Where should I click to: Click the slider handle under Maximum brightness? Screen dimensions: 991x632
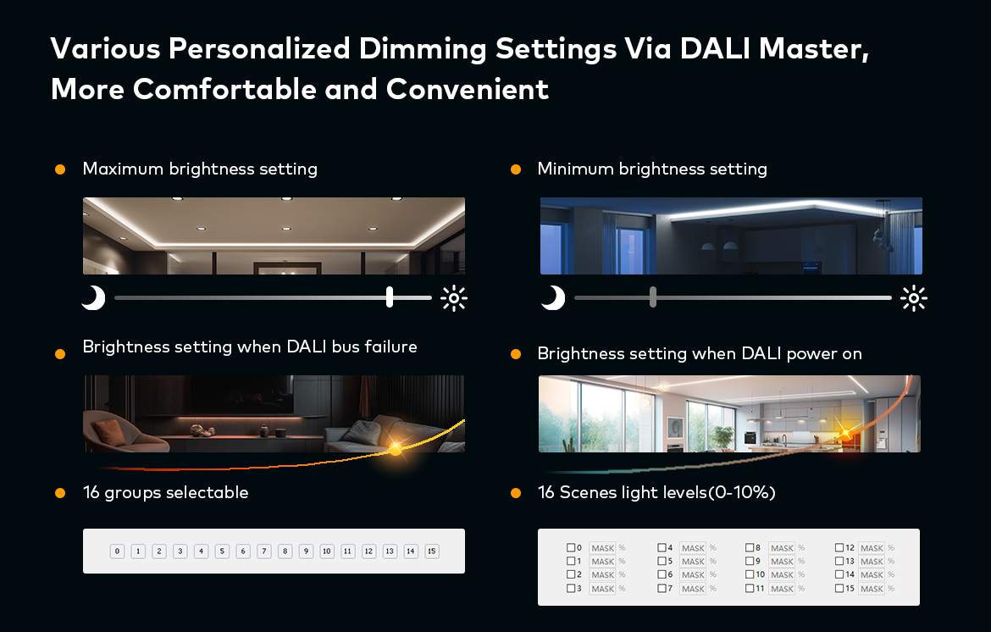[390, 297]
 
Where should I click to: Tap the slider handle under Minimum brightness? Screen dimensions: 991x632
[653, 297]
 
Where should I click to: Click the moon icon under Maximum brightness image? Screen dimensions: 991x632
[93, 297]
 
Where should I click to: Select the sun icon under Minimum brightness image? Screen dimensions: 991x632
[914, 298]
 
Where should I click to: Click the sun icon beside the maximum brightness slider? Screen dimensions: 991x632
[454, 298]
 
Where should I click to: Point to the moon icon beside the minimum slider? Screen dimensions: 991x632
[553, 297]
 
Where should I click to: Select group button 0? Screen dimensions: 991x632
[117, 552]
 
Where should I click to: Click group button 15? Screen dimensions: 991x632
[432, 552]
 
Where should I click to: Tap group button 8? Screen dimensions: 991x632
[285, 552]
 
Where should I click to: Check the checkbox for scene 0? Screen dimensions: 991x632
[571, 548]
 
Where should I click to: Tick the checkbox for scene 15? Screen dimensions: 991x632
[839, 588]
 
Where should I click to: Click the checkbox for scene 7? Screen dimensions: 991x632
[662, 588]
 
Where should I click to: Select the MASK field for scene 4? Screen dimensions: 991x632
[693, 548]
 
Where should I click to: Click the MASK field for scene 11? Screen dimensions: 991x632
[782, 588]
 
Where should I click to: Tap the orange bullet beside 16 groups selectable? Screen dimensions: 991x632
[60, 493]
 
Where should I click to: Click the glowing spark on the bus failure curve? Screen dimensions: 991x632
[395, 448]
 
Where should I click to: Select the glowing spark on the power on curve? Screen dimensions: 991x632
[844, 434]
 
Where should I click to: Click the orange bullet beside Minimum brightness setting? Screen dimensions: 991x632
[515, 169]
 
